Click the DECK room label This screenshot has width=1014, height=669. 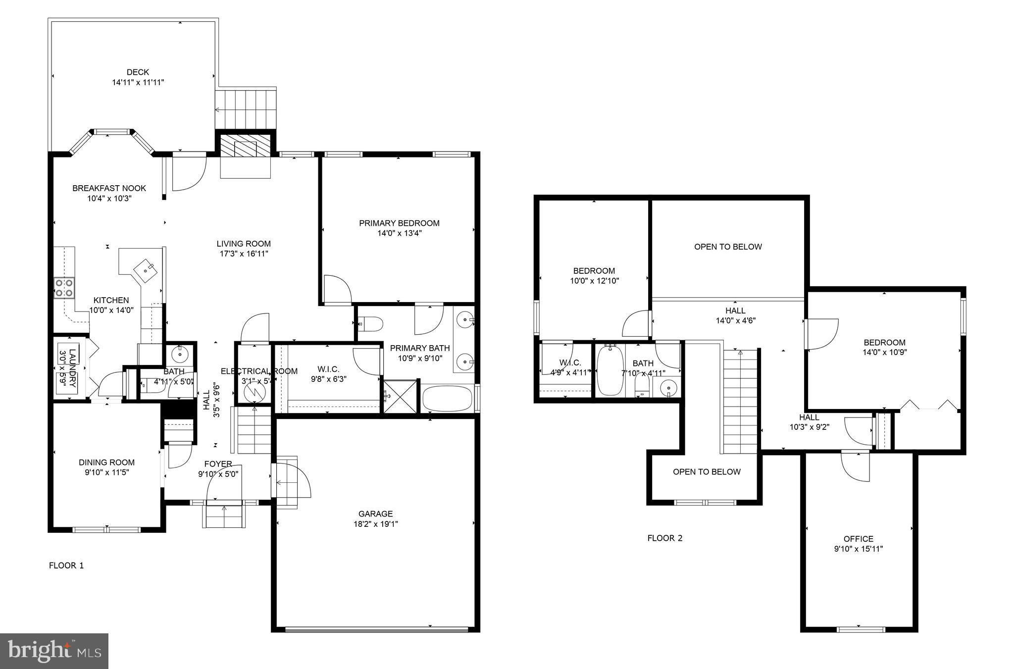click(138, 72)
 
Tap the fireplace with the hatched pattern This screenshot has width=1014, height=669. click(246, 146)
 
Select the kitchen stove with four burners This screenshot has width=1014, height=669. click(64, 288)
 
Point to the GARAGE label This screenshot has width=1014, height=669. click(376, 514)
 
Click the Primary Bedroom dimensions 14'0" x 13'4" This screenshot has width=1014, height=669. click(400, 233)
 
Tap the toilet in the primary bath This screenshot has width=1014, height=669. click(371, 324)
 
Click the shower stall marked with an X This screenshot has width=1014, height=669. click(401, 396)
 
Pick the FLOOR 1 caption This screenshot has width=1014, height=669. click(66, 566)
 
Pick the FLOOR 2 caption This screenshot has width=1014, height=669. click(665, 538)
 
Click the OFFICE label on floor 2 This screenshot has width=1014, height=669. click(859, 539)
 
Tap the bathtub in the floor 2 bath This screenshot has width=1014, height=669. click(609, 370)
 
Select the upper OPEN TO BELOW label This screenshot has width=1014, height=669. click(728, 247)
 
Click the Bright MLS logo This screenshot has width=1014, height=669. click(54, 651)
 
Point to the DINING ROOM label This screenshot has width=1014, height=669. click(106, 463)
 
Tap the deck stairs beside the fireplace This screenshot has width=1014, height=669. click(246, 109)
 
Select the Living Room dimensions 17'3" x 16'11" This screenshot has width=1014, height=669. click(244, 254)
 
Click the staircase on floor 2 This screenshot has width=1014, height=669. click(740, 401)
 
